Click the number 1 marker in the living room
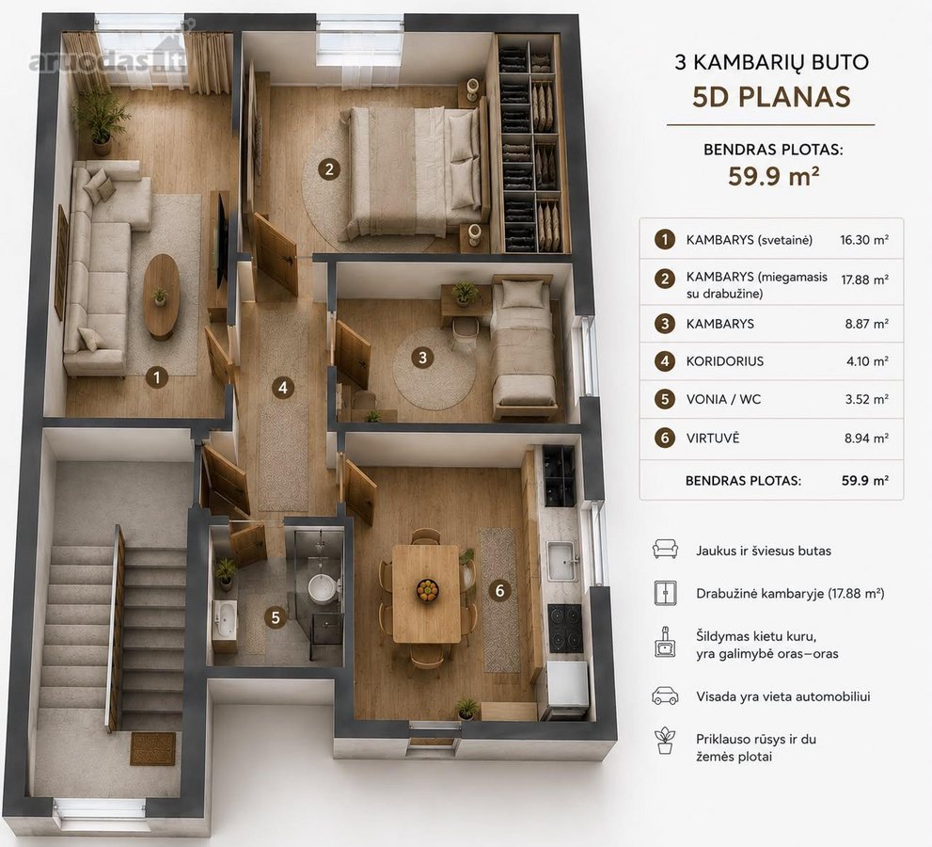pos(157,377)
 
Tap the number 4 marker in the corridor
pos(283,388)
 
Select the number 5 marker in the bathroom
pos(276,617)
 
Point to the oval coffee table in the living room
pos(161,296)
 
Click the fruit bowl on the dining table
pos(427,589)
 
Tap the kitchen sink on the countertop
pos(561,560)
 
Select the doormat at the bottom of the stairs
pos(153,749)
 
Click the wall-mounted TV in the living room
pos(222,240)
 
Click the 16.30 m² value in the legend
pos(864,240)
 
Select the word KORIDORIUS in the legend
pos(724,361)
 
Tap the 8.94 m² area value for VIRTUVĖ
pos(866,439)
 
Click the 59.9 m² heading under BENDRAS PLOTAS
pos(774,177)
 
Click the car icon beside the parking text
pos(665,695)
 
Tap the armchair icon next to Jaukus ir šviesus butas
pos(665,549)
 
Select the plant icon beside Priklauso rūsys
pos(665,741)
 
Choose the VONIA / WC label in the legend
pos(723,399)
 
